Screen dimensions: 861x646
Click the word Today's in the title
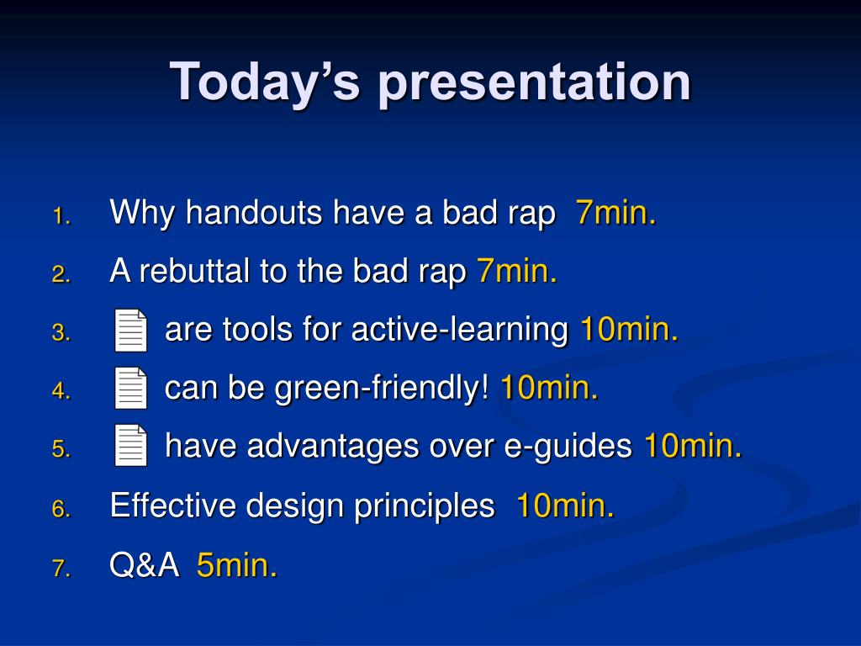(x=265, y=82)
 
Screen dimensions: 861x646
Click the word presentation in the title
(x=534, y=82)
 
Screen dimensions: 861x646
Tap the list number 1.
(x=61, y=216)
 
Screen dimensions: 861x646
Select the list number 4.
(x=61, y=390)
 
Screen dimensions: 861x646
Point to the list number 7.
(x=61, y=568)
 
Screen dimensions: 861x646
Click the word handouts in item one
(x=254, y=212)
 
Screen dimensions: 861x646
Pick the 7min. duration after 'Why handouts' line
(x=615, y=212)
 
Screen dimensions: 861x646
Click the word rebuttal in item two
(x=194, y=271)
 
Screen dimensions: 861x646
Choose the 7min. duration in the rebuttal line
(x=517, y=271)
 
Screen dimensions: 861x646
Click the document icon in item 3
(x=130, y=330)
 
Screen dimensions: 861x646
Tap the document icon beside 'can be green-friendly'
(x=130, y=388)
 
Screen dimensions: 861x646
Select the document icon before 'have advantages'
(x=130, y=446)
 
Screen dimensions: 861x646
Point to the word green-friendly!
(x=382, y=389)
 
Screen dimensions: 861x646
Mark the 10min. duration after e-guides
(x=693, y=446)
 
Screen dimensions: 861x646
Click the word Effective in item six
(x=172, y=505)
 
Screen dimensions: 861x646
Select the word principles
(x=424, y=506)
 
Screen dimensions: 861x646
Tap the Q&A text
(x=145, y=564)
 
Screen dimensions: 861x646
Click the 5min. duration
(x=236, y=564)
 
